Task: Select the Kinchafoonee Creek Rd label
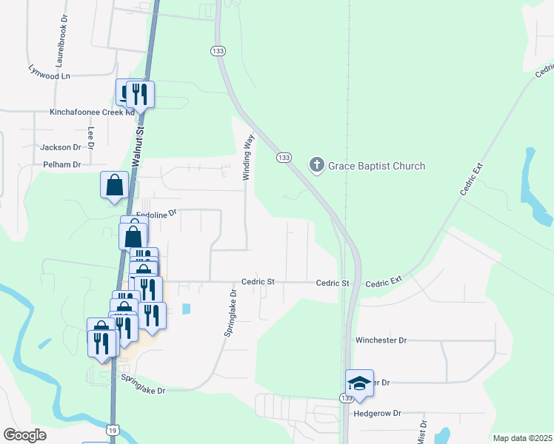[92, 112]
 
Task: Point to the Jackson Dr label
[61, 147]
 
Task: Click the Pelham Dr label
[61, 164]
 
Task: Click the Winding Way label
[250, 157]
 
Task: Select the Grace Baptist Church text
[377, 166]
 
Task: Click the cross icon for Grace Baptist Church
[317, 165]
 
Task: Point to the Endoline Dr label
[157, 213]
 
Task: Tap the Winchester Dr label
[381, 340]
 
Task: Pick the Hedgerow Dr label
[377, 413]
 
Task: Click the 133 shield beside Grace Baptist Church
[284, 158]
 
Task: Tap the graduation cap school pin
[359, 383]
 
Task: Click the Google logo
[24, 435]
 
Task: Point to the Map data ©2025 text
[521, 438]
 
